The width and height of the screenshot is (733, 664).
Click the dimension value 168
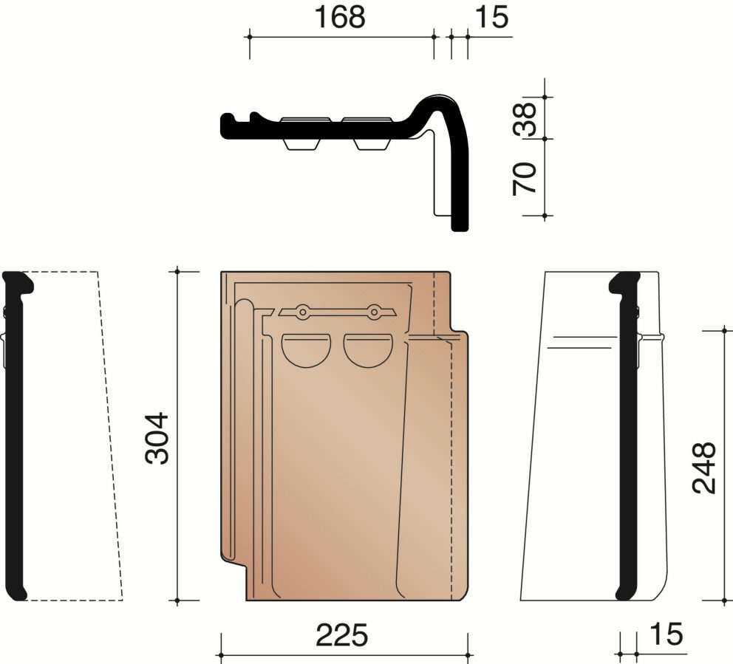(339, 17)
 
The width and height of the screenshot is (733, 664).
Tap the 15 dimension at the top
(492, 17)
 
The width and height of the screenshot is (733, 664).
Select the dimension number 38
(525, 119)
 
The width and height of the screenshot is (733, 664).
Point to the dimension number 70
(525, 179)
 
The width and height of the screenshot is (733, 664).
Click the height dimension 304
(157, 438)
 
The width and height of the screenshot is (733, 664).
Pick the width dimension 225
(342, 636)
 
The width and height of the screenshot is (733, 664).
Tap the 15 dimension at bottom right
(666, 634)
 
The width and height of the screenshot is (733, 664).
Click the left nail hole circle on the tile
(302, 312)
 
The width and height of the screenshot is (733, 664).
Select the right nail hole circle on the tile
(373, 312)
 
